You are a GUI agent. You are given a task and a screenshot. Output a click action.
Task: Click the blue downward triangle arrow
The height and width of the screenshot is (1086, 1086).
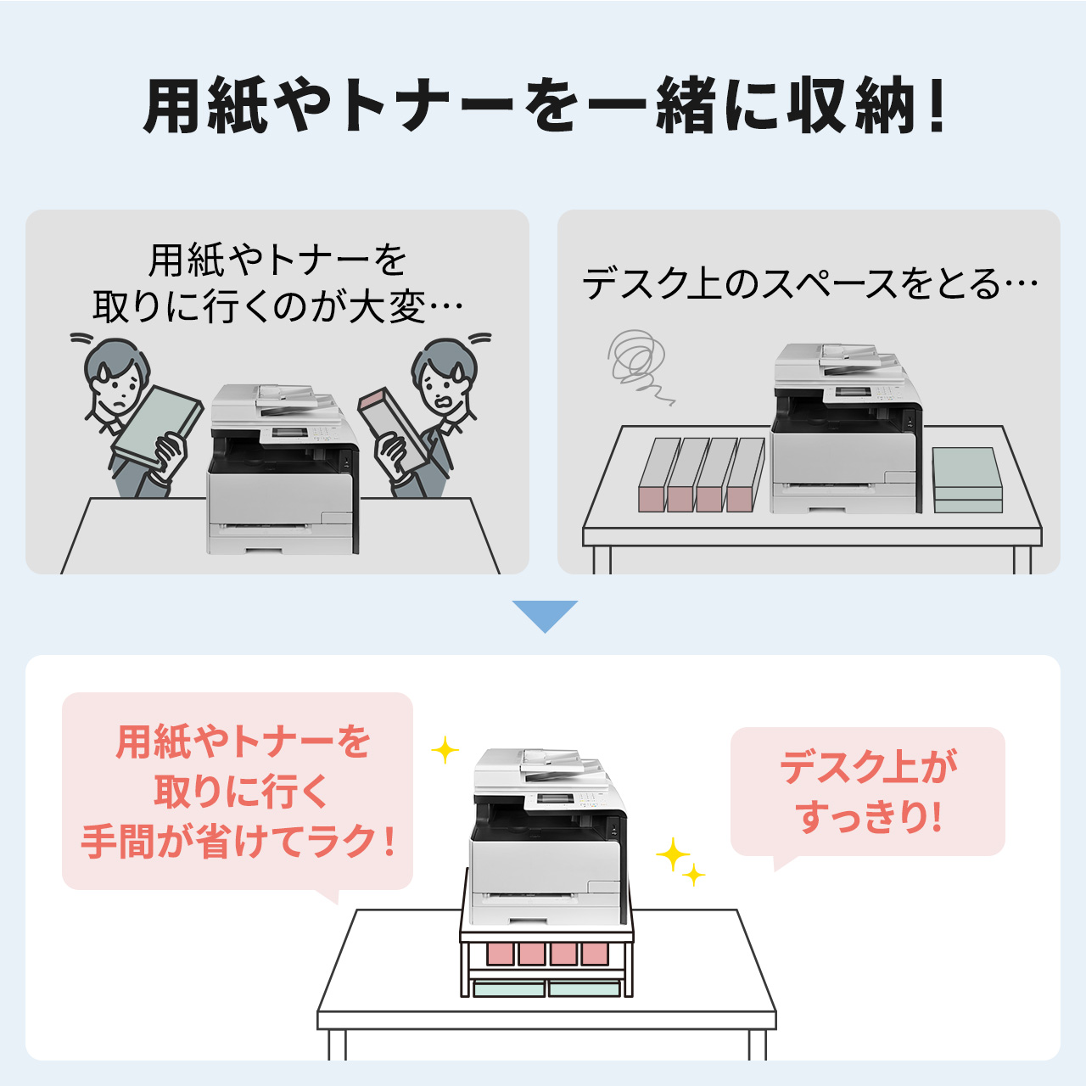(545, 614)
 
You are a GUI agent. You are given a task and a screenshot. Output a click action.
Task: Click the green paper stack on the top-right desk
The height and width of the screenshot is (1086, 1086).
(967, 480)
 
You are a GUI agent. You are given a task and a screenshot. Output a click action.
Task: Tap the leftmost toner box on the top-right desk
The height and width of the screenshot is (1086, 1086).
(658, 475)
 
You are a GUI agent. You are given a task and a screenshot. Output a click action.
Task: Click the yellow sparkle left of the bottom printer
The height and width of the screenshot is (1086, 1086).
(445, 749)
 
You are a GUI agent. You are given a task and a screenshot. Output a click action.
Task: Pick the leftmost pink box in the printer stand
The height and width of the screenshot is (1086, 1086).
(501, 954)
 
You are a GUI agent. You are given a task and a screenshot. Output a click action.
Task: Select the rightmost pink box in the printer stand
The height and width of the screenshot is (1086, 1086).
(595, 954)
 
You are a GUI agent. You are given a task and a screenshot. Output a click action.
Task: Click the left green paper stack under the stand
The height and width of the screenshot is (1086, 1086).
(509, 988)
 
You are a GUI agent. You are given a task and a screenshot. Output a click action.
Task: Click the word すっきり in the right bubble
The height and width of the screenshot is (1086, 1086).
(860, 818)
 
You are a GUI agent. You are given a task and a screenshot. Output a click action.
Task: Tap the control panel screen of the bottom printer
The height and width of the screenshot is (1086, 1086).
(550, 798)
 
